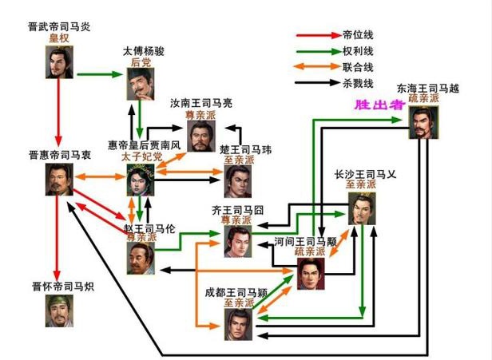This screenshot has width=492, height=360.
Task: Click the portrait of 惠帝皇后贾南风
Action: pos(140,180)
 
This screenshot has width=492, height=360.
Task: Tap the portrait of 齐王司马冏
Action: pos(237,240)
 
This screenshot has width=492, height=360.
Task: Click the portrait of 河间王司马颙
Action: pos(310,274)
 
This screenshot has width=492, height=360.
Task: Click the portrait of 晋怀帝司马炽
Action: pos(61,311)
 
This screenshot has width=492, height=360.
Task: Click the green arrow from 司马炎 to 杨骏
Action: pos(101,75)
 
